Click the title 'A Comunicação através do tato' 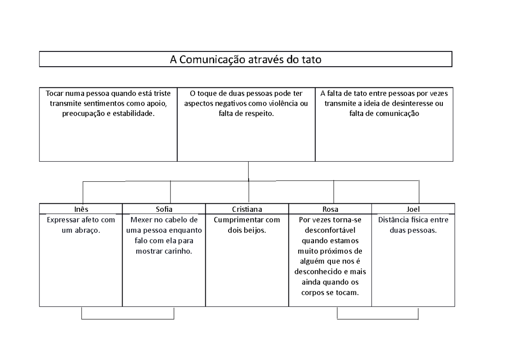(246, 60)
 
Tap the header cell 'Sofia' (164, 209)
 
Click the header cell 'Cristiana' (247, 209)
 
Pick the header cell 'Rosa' (330, 209)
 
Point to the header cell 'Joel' (413, 209)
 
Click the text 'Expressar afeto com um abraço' (81, 225)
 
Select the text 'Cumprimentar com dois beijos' (247, 225)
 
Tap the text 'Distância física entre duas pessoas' (413, 225)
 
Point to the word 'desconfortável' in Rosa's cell (330, 230)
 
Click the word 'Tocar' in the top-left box (54, 93)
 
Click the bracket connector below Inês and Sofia (127, 319)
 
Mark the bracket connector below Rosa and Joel (378, 319)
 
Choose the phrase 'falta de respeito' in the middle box (246, 114)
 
